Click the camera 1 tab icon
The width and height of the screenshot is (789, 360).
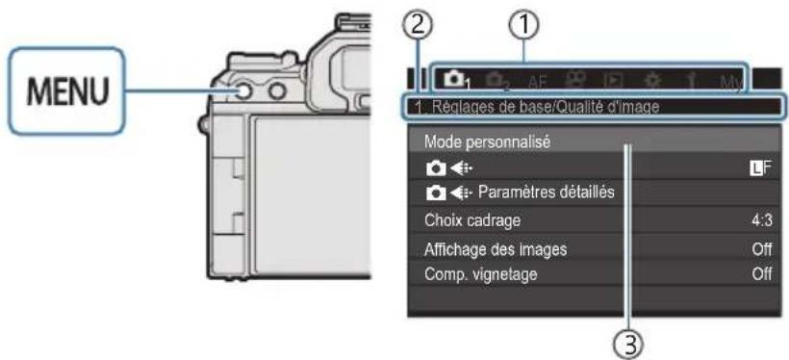click(456, 78)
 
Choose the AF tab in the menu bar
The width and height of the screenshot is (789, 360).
click(536, 79)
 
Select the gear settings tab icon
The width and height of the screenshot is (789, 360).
click(655, 79)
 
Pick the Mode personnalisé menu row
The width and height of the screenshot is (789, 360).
click(486, 141)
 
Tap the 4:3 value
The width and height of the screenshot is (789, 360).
click(760, 219)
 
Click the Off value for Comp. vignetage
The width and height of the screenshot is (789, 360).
click(760, 272)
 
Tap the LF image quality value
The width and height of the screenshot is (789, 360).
click(759, 167)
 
